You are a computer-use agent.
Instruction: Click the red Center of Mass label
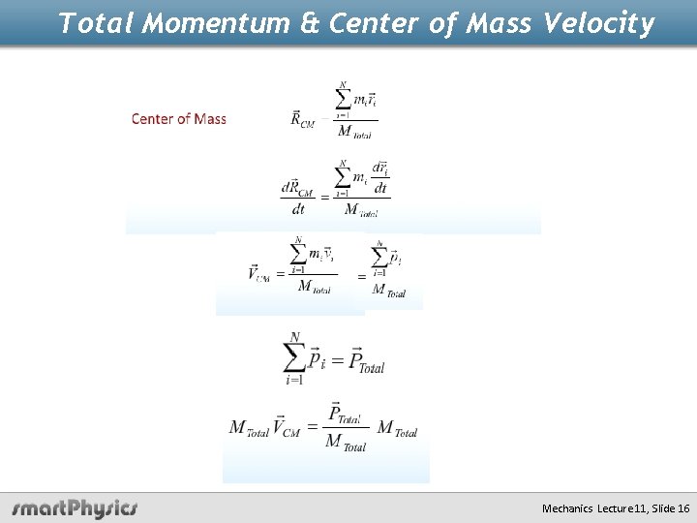coord(179,119)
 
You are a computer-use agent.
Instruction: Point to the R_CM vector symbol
coord(303,119)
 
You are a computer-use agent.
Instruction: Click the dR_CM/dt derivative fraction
coord(297,196)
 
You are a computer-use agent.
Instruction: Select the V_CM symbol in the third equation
coord(258,274)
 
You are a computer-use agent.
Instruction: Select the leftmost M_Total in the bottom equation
coord(249,428)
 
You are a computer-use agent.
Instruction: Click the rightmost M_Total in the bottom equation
coord(398,428)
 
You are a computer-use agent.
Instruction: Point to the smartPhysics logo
coord(75,508)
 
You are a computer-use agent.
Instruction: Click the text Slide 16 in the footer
coord(671,508)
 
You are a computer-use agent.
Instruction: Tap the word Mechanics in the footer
coord(568,508)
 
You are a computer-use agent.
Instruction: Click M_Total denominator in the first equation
coord(352,133)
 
